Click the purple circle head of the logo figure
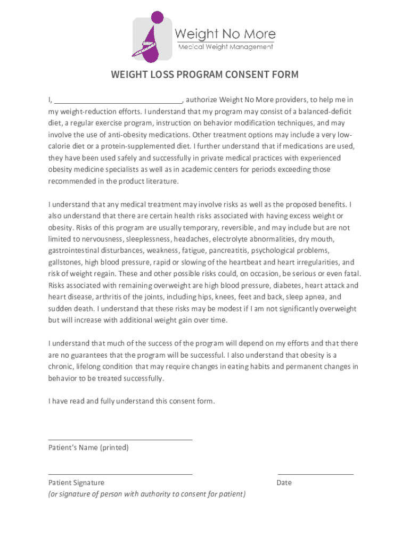tap(157, 18)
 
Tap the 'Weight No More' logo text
tap(225, 35)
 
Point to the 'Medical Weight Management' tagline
tap(225, 47)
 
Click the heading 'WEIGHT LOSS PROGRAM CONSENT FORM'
tap(204, 75)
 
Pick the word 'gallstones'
tap(64, 262)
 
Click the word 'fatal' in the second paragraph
tap(351, 274)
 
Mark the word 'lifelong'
tap(92, 367)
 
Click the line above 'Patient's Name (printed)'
tap(120, 440)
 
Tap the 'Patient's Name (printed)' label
tap(88, 448)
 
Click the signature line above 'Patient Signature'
tap(120, 474)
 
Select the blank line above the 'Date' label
tap(315, 474)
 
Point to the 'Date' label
tap(284, 483)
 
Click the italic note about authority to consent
tap(147, 494)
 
